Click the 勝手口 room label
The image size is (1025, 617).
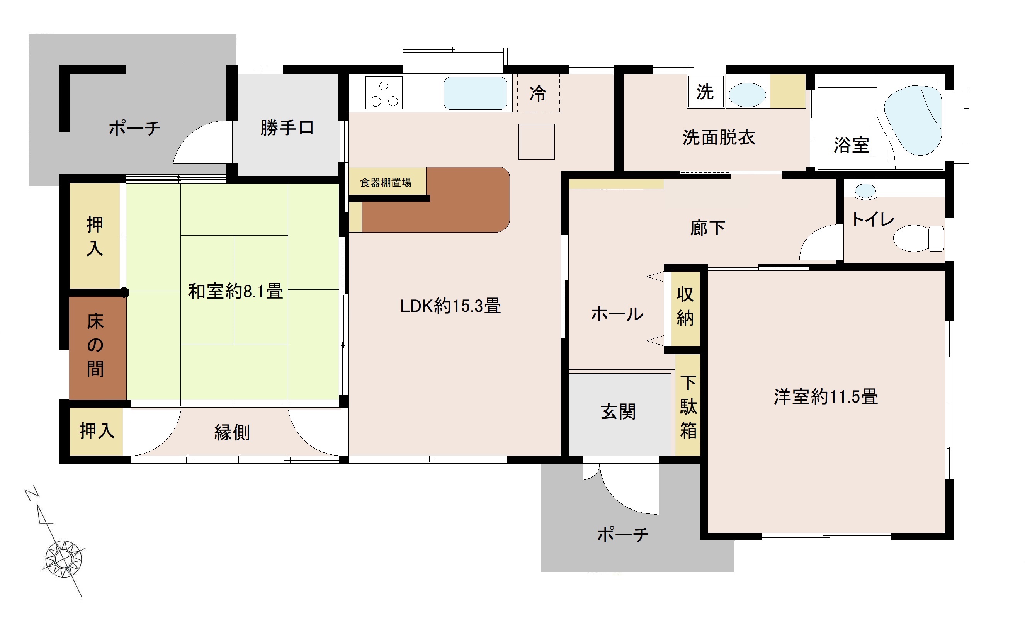click(287, 127)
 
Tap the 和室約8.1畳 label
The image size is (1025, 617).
click(236, 291)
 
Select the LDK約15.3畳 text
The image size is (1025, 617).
click(450, 306)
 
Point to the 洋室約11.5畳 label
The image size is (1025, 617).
click(826, 397)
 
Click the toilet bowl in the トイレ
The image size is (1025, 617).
click(919, 238)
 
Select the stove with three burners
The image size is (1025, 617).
click(384, 93)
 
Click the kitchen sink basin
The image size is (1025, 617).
click(475, 93)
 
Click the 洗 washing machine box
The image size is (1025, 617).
click(705, 92)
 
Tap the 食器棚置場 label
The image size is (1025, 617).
click(386, 182)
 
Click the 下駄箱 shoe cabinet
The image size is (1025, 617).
click(688, 405)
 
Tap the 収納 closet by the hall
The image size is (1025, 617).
click(685, 309)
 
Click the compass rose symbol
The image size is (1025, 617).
click(64, 559)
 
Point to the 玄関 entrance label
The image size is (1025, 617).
click(619, 411)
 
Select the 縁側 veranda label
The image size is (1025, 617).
click(232, 432)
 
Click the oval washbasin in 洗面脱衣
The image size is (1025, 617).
click(747, 95)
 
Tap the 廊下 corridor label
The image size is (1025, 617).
click(708, 228)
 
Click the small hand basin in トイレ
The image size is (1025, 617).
click(865, 191)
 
